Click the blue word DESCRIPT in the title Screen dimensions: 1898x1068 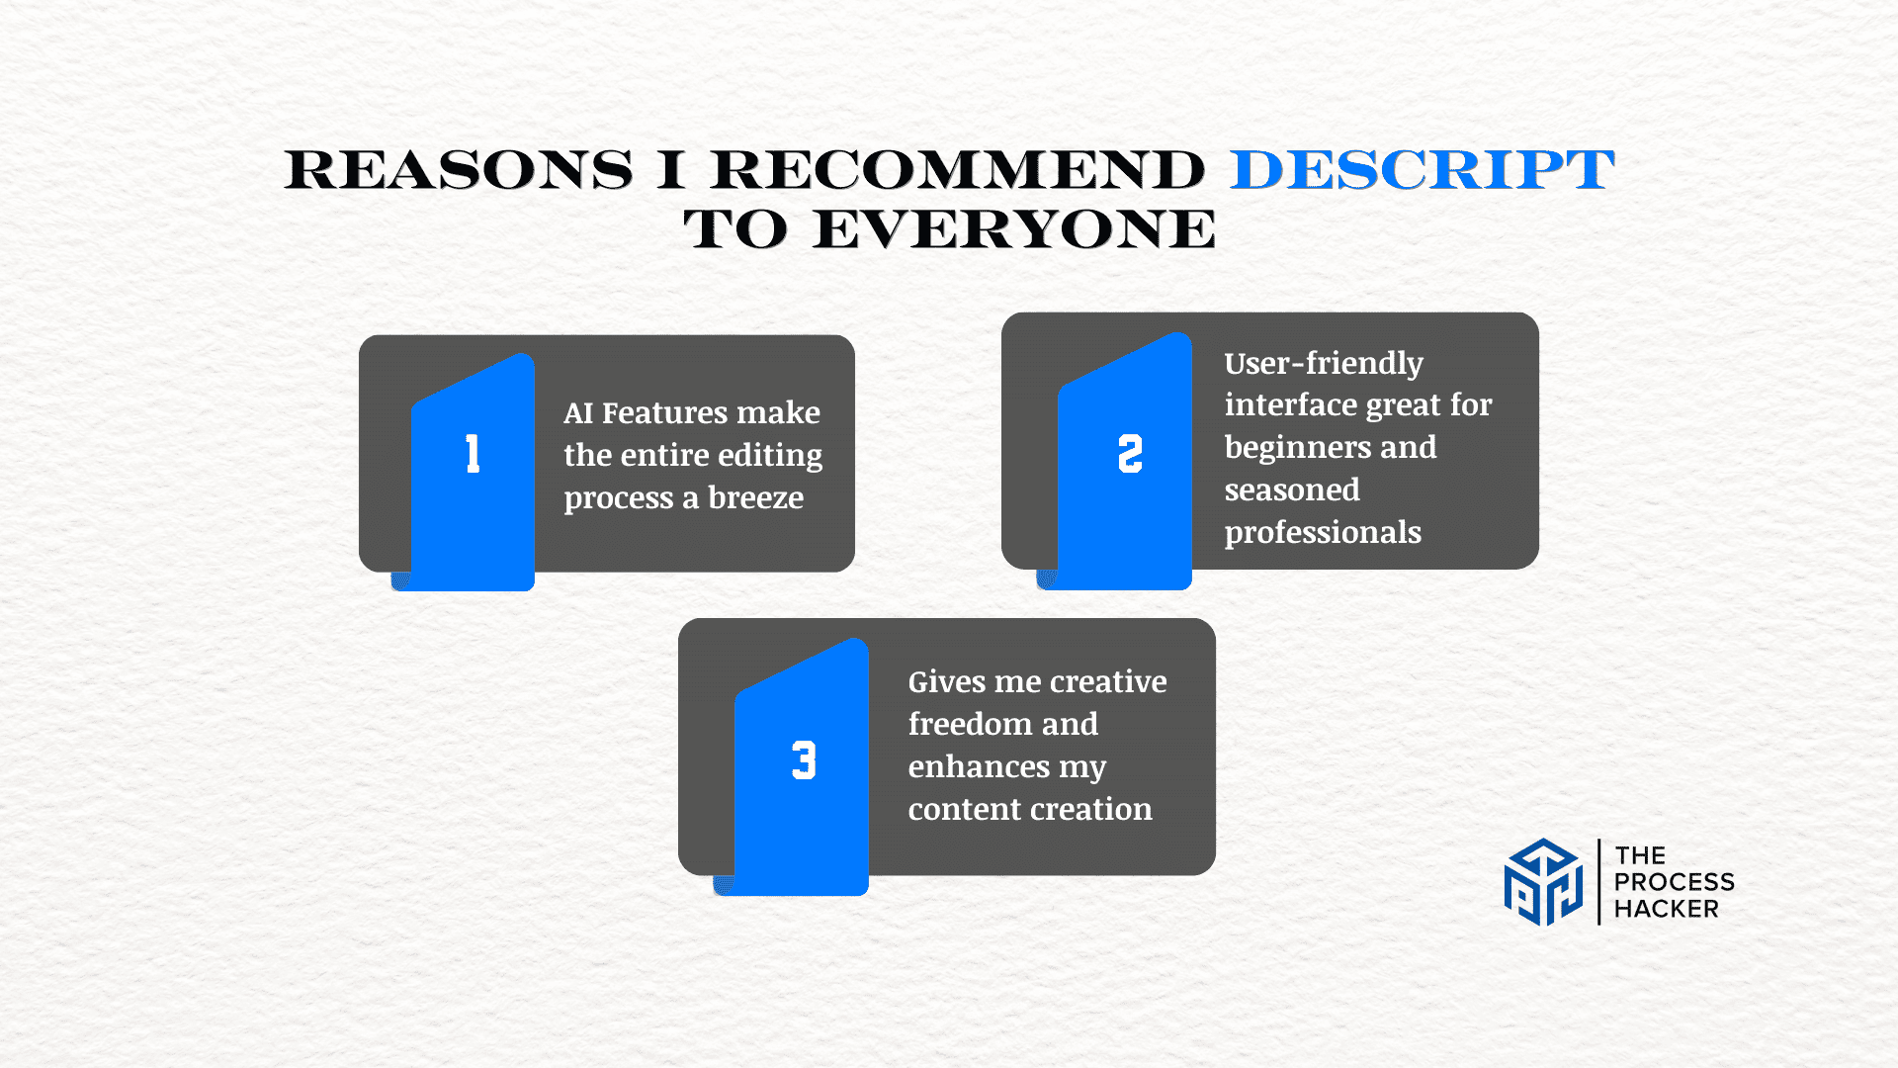tap(1423, 170)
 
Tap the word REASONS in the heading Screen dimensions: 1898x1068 tap(459, 170)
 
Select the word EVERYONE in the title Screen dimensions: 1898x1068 tap(1014, 229)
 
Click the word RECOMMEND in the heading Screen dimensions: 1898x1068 tap(958, 170)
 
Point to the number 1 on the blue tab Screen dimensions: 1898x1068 tap(474, 454)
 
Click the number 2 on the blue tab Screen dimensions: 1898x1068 tap(1130, 454)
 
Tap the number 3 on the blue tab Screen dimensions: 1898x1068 tap(804, 760)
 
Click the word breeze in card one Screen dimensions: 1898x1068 tap(756, 497)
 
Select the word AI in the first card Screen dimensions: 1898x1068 tap(578, 412)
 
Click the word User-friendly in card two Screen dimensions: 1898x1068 tap(1324, 363)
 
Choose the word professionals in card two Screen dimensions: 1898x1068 tap(1323, 533)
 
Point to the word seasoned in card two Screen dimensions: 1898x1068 tap(1292, 489)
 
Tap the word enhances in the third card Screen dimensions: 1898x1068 tap(979, 766)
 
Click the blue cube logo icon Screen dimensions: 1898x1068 tap(1543, 882)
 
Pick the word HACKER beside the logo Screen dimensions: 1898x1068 tap(1667, 909)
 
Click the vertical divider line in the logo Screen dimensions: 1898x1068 tap(1598, 882)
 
